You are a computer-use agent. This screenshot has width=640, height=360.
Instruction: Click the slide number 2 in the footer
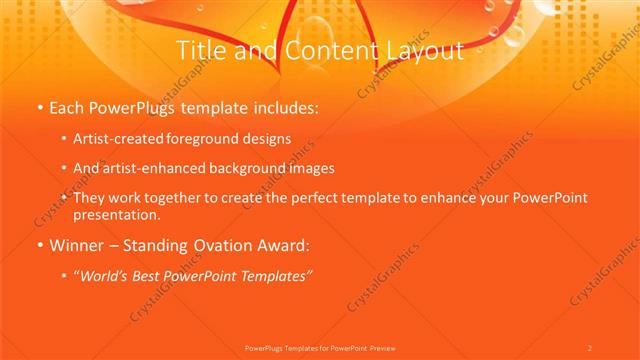pyautogui.click(x=590, y=347)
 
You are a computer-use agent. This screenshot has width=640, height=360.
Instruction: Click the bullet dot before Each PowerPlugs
pyautogui.click(x=39, y=107)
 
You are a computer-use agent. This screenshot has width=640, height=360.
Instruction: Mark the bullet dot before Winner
pyautogui.click(x=39, y=244)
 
